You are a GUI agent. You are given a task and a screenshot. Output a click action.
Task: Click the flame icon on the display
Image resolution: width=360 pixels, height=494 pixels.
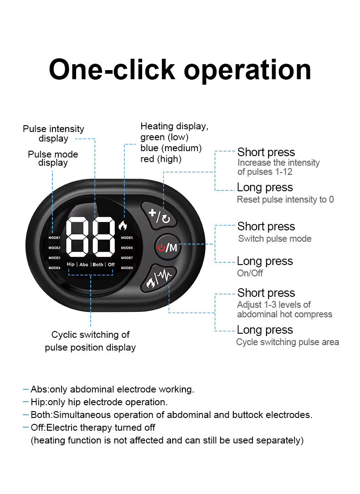123,225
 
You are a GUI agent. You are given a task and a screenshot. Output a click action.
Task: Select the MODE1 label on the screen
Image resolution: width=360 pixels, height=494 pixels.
54,238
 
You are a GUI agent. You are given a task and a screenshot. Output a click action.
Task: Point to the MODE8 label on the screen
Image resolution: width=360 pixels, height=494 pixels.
127,268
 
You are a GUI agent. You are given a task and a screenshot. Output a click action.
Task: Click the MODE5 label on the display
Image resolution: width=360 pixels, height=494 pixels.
127,238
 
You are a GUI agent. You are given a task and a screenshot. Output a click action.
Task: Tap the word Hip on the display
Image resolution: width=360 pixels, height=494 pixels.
71,265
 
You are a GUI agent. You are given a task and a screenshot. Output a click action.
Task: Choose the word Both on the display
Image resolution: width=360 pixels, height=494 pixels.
98,265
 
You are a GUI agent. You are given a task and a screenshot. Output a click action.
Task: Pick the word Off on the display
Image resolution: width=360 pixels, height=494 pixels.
111,265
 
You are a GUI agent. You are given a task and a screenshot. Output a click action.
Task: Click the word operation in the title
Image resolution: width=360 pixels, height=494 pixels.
247,70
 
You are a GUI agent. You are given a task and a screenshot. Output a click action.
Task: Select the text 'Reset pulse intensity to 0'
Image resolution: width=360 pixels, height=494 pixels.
285,199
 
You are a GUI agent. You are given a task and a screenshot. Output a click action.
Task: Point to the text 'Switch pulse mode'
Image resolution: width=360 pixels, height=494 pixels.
275,239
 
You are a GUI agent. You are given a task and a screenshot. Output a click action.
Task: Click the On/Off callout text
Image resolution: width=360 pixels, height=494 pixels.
250,273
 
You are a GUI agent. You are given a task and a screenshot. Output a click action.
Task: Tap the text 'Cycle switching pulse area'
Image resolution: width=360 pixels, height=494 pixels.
288,342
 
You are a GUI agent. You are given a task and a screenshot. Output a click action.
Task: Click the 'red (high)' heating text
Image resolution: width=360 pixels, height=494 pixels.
161,159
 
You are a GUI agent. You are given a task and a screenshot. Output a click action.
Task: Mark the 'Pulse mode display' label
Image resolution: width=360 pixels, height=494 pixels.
53,158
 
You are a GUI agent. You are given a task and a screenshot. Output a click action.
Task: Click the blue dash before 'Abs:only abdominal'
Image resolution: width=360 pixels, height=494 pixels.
26,389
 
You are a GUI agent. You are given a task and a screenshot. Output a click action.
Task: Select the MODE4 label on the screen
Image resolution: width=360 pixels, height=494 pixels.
54,268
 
